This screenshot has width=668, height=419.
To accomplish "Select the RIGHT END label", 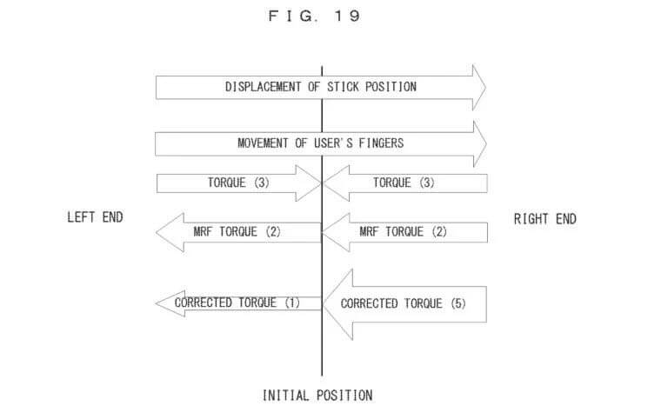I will pos(544,219).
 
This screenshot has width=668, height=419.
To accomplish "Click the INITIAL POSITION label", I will pos(317,396).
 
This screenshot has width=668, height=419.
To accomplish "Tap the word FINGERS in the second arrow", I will pos(383,143).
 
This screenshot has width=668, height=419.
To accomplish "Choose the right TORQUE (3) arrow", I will pos(405,183).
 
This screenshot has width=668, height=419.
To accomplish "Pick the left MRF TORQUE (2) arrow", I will pos(235,232).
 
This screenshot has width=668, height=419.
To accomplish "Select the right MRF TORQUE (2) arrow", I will pos(405,232).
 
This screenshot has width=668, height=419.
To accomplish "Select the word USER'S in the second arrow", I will pos(335,143).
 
